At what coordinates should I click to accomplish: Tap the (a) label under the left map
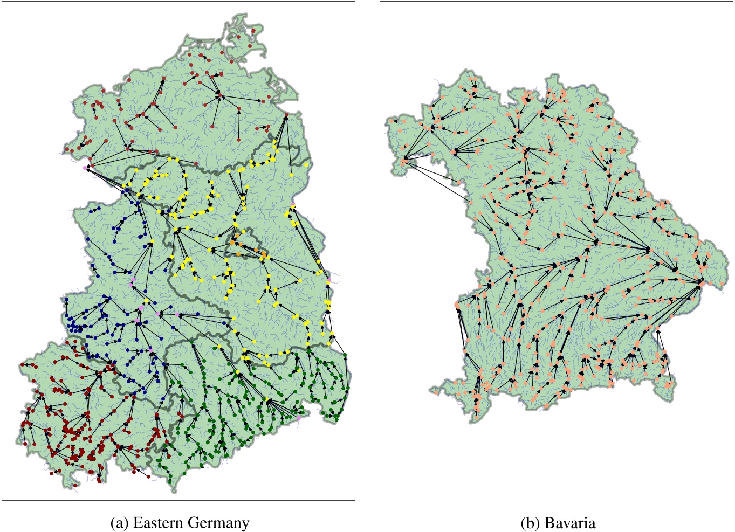click(x=119, y=522)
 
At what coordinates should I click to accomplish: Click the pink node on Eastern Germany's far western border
click(x=85, y=168)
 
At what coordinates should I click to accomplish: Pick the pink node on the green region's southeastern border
click(x=299, y=418)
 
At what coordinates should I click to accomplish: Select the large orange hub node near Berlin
click(x=233, y=243)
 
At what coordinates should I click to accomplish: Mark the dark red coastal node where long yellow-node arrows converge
click(x=286, y=115)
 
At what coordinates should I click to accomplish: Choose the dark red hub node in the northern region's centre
click(x=219, y=95)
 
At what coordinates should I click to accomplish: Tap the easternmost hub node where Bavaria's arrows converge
click(x=700, y=281)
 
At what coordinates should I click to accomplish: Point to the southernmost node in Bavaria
click(x=477, y=418)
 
